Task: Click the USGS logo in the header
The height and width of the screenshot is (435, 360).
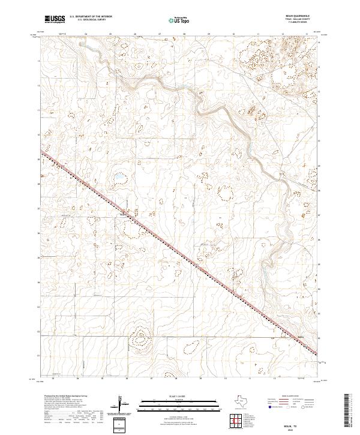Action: point(55,19)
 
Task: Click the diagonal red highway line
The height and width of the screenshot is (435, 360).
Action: point(180,252)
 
